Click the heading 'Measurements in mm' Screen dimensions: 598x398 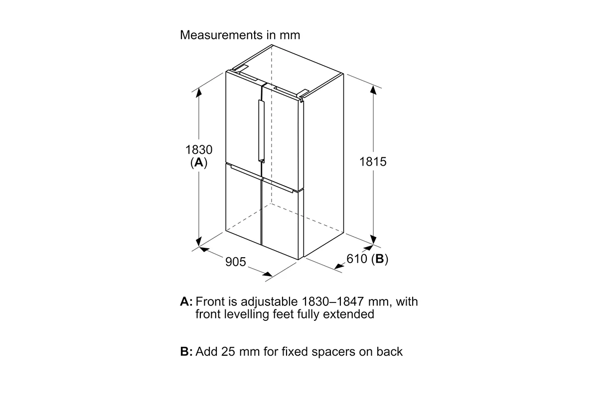click(x=240, y=35)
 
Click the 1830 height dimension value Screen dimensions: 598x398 click(x=199, y=150)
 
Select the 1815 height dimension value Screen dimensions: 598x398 click(x=373, y=162)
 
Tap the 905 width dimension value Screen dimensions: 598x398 click(x=235, y=262)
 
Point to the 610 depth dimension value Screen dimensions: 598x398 click(x=357, y=259)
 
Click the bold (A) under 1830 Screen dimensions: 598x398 click(x=199, y=163)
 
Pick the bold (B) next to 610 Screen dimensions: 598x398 click(x=379, y=259)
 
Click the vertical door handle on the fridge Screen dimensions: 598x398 click(x=261, y=131)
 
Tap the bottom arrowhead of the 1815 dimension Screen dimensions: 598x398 click(x=373, y=240)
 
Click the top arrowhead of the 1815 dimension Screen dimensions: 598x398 click(x=373, y=90)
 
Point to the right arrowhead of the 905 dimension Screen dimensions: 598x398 click(x=268, y=274)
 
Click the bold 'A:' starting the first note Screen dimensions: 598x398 click(x=186, y=302)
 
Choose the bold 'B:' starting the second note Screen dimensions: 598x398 click(x=186, y=352)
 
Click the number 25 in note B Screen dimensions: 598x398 click(x=228, y=352)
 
